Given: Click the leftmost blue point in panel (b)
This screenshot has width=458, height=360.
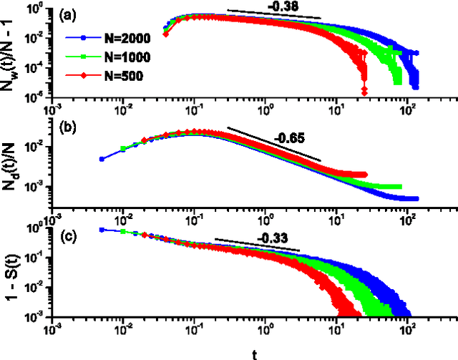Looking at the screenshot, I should tap(102, 159).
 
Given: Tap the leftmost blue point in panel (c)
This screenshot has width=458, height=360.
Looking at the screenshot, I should tap(102, 230).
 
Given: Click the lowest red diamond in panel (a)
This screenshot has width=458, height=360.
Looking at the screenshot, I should tap(364, 92).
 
